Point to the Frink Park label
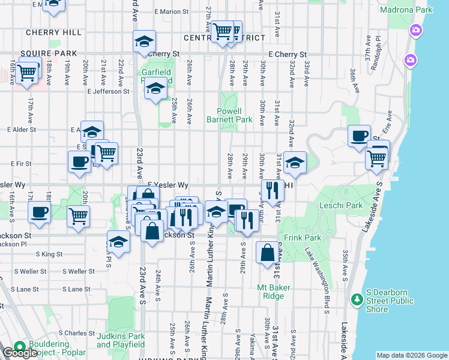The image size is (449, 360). [x=303, y=238]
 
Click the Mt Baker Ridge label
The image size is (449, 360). [x=274, y=292]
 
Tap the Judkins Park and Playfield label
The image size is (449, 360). [x=121, y=340]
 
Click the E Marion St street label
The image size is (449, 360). [x=171, y=11]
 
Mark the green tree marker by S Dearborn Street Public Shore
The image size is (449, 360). [x=357, y=298]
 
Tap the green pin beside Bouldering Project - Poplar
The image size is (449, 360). [x=19, y=346]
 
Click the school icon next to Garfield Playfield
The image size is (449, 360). [x=155, y=89]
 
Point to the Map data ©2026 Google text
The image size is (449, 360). [x=411, y=355]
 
